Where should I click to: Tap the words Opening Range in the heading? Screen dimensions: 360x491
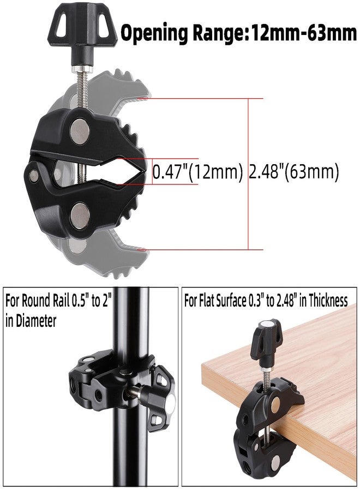[182, 33]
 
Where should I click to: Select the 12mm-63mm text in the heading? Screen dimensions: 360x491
[302, 33]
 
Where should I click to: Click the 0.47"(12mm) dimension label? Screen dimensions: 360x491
[197, 172]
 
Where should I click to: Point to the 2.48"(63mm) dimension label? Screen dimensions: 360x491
[293, 172]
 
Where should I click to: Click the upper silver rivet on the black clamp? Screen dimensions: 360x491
[80, 130]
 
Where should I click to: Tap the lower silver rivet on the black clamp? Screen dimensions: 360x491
[80, 215]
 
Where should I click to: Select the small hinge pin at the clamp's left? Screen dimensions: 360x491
[34, 175]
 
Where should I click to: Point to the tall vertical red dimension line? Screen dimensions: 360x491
[248, 174]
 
